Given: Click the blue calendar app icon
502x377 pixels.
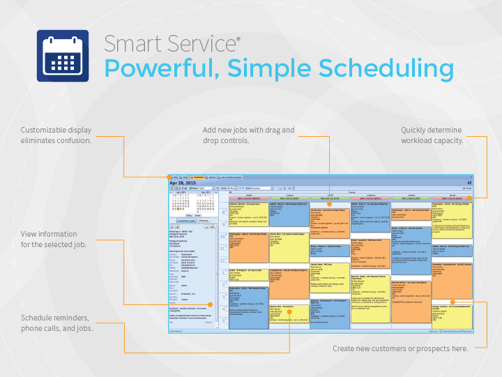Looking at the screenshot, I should click(62, 56).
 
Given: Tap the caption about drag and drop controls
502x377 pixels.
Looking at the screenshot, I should click(249, 135).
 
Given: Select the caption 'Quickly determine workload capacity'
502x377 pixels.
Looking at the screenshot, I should click(432, 135).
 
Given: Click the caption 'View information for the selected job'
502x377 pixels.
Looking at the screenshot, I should click(54, 239).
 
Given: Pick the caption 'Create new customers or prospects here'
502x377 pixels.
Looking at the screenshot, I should click(400, 348).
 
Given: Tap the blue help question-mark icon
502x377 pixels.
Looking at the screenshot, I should click(469, 182).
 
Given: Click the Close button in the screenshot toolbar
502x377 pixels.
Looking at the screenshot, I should click(467, 188).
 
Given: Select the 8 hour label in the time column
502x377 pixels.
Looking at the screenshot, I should click(223, 212).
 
